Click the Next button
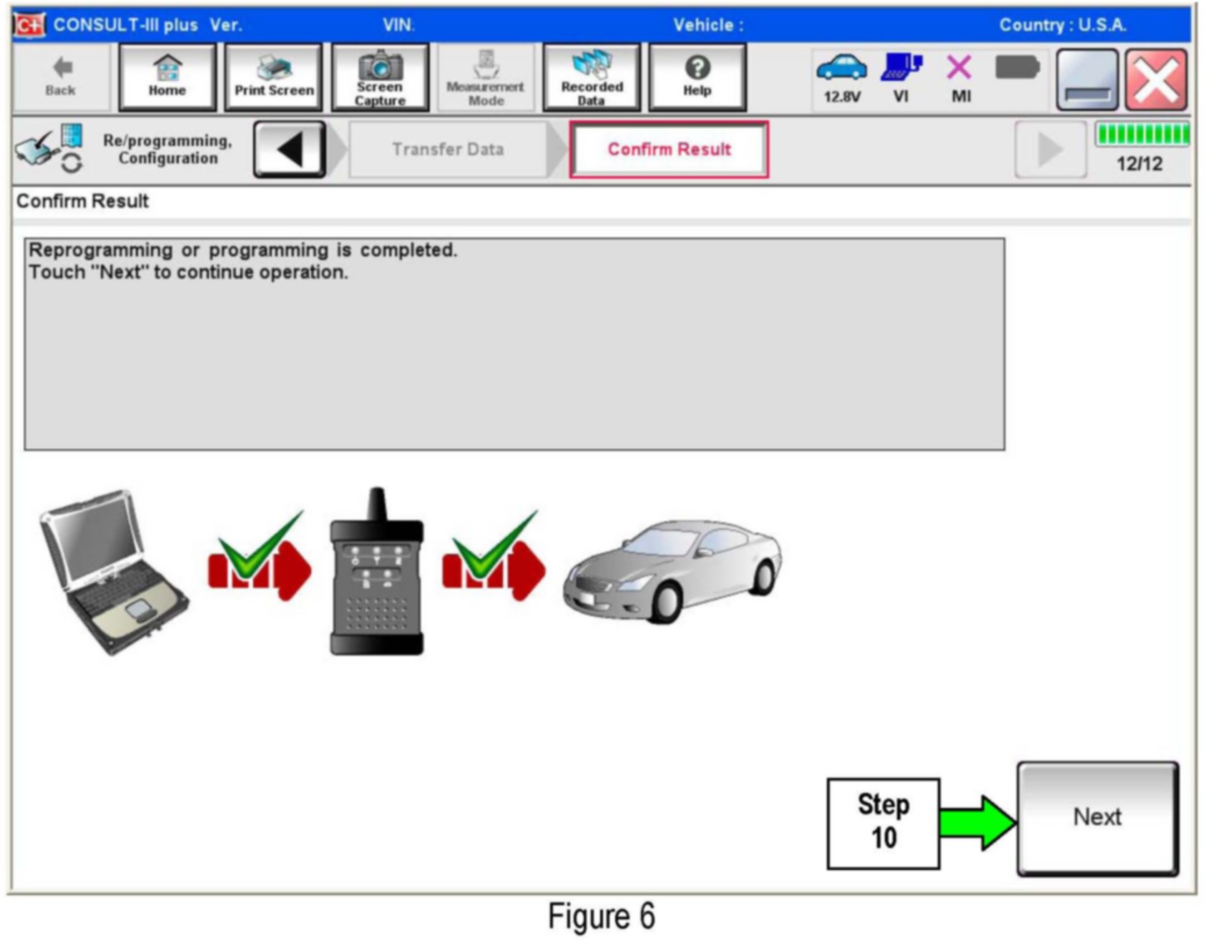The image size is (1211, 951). [1097, 817]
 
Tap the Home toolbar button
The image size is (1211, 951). [167, 77]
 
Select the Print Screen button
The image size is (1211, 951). [274, 77]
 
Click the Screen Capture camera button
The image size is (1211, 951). [380, 77]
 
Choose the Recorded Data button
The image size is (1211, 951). [592, 77]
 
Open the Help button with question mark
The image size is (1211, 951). [697, 77]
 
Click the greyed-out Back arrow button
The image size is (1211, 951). [61, 77]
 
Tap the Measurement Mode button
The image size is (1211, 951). [486, 77]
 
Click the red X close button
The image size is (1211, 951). [1155, 79]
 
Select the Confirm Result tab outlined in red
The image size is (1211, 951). [669, 149]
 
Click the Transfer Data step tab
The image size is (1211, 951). [448, 149]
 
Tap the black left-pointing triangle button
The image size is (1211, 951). [290, 149]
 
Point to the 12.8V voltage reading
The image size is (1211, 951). [841, 96]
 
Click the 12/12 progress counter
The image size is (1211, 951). [1139, 164]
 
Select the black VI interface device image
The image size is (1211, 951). [376, 572]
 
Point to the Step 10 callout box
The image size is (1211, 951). [883, 823]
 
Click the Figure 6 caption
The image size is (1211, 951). [601, 917]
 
